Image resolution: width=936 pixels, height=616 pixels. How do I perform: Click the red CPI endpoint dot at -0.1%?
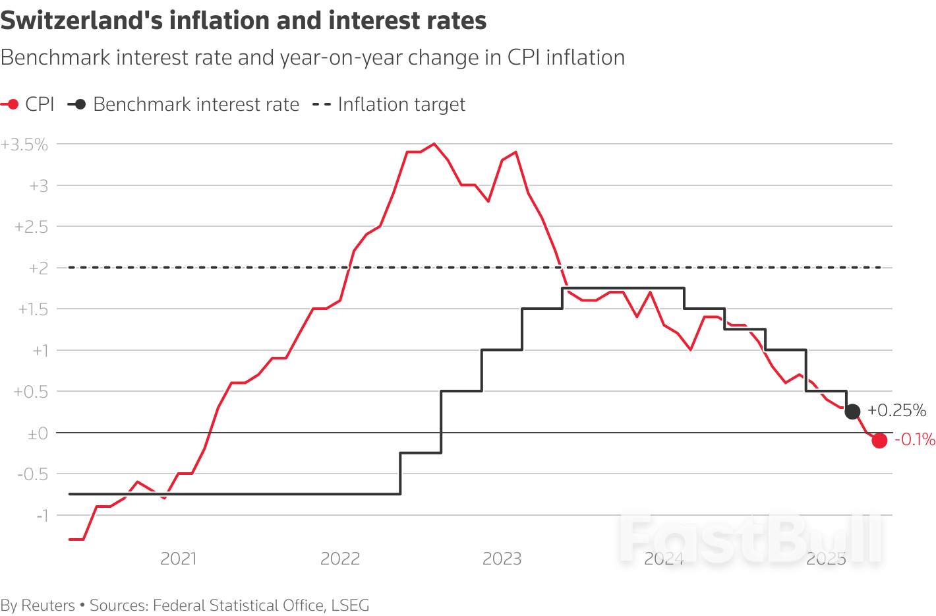[879, 441]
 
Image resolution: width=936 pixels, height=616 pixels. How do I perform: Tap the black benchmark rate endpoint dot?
[852, 412]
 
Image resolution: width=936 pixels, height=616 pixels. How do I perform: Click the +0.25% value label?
[896, 410]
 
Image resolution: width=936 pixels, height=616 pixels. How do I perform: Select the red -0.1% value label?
[914, 440]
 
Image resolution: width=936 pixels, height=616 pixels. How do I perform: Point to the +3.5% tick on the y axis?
[25, 144]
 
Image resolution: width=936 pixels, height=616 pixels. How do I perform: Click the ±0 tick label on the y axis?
[38, 433]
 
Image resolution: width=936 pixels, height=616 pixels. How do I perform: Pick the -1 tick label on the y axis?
[42, 515]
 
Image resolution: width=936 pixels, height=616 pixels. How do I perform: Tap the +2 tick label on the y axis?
[38, 268]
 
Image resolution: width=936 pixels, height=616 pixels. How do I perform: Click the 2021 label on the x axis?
[179, 559]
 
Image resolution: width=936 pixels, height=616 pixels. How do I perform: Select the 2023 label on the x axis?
[502, 559]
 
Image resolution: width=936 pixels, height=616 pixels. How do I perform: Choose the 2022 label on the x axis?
[340, 559]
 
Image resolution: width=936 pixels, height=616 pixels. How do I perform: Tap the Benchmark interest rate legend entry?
[184, 104]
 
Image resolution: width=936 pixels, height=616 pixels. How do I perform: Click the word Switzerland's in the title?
[81, 20]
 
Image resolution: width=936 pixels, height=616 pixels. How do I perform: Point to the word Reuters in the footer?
[48, 605]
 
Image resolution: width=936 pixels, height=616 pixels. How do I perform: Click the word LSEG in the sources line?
[350, 605]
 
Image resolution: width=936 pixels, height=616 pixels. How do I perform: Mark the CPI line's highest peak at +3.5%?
[434, 144]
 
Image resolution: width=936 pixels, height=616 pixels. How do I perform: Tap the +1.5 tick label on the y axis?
[33, 309]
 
